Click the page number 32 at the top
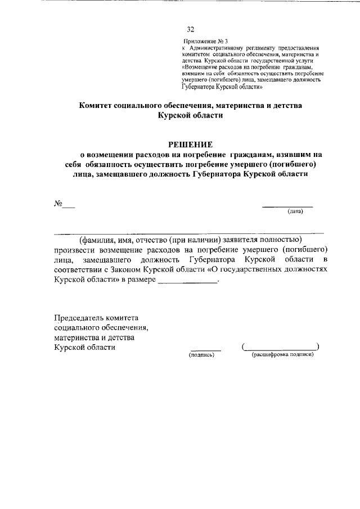[x=190, y=30]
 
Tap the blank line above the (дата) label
[x=288, y=206]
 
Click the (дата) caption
[x=295, y=212]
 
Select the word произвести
[x=74, y=249]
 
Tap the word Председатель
[x=79, y=318]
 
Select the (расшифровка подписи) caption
[x=282, y=355]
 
